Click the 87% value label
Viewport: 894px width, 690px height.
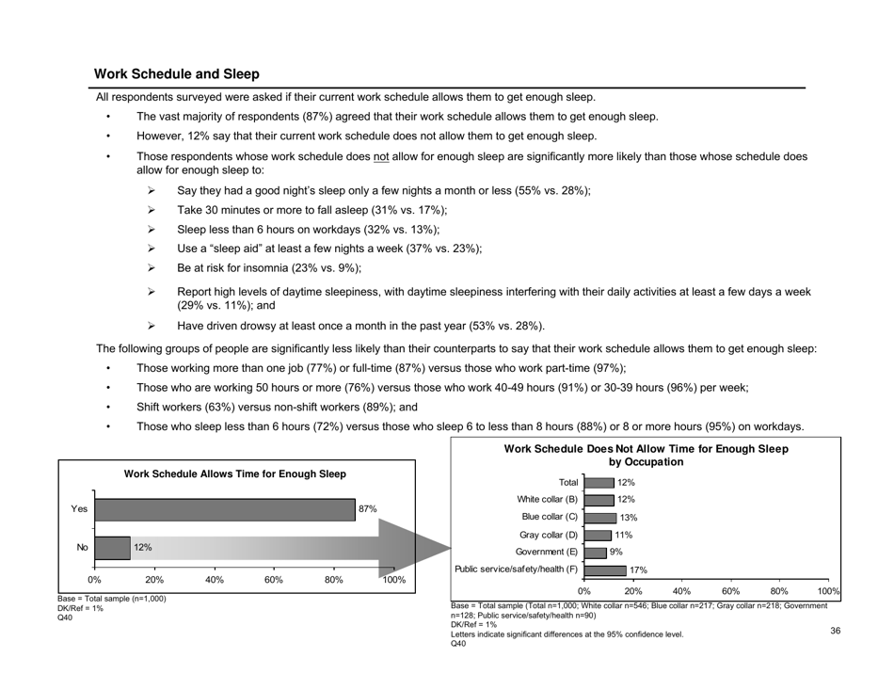click(x=368, y=509)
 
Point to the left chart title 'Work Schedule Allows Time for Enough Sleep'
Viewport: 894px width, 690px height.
click(x=234, y=473)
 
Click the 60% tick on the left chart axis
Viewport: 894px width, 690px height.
click(x=274, y=581)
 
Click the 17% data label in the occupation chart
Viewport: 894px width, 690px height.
click(x=637, y=570)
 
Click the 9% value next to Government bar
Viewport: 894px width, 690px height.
click(x=616, y=553)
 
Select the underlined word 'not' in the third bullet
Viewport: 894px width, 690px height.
click(x=387, y=156)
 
